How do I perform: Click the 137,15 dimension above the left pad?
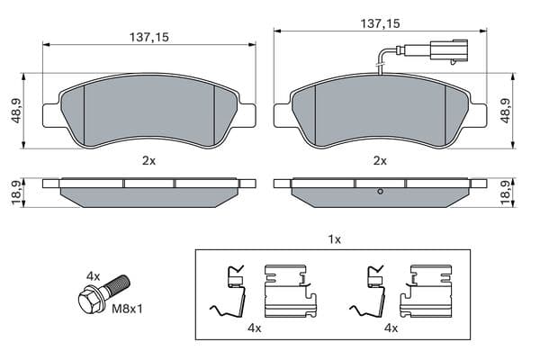pyautogui.click(x=149, y=37)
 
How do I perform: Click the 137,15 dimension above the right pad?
pyautogui.click(x=380, y=23)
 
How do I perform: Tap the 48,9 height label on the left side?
pyautogui.click(x=16, y=111)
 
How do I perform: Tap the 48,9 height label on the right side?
pyautogui.click(x=505, y=110)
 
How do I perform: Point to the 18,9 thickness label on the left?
pyautogui.click(x=16, y=193)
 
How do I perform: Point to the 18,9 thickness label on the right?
pyautogui.click(x=505, y=193)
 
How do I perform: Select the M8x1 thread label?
pyautogui.click(x=127, y=309)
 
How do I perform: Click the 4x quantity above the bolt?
pyautogui.click(x=93, y=276)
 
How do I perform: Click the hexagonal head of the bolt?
pyautogui.click(x=89, y=301)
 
